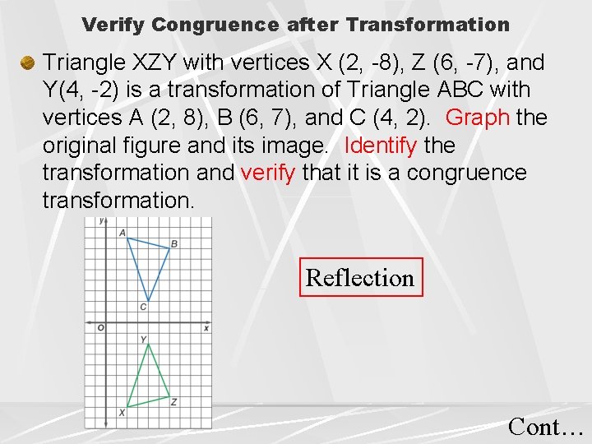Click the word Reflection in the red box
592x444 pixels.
[x=359, y=278]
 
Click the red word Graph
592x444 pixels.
[x=478, y=118]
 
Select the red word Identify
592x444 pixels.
[x=382, y=146]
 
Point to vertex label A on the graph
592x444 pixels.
[x=122, y=233]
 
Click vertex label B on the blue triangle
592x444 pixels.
[x=174, y=243]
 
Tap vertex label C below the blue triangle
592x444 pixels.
[x=143, y=308]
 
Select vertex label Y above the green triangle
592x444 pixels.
[x=144, y=339]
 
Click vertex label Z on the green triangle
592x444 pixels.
[x=173, y=401]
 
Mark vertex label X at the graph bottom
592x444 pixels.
[x=122, y=412]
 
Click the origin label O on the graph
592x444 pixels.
[x=100, y=328]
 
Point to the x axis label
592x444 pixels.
[x=206, y=328]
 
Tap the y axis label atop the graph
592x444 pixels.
[x=100, y=221]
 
